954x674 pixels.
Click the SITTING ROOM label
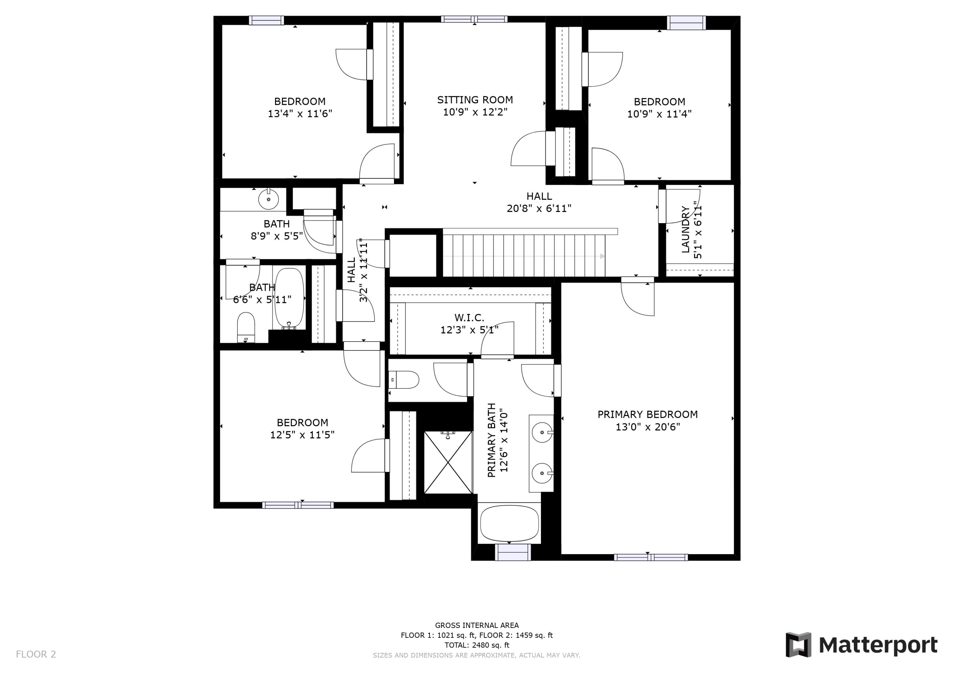point(474,100)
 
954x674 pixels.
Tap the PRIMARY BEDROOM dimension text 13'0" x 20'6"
point(647,427)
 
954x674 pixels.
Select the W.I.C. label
point(469,318)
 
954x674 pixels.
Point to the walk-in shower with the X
point(448,462)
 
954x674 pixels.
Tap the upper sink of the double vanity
point(542,433)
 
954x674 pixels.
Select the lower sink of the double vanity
point(542,473)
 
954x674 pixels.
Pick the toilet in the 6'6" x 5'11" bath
point(245,326)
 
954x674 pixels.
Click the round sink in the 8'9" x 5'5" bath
point(268,199)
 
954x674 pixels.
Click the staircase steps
point(523,256)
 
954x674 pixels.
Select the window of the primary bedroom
point(651,557)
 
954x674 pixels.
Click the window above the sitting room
point(474,19)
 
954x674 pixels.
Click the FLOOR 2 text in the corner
point(36,654)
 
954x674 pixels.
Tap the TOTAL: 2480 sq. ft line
point(477,645)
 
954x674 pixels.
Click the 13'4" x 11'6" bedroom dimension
point(300,113)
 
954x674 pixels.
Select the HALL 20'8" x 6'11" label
point(539,202)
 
